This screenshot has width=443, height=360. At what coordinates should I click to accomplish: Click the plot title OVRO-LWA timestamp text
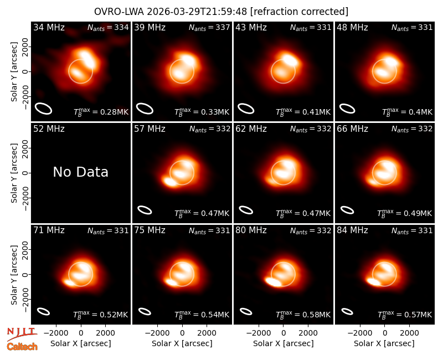tap(221, 12)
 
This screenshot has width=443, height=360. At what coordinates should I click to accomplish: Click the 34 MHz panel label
tap(49, 27)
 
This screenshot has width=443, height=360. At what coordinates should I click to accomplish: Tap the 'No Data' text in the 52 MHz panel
tap(80, 172)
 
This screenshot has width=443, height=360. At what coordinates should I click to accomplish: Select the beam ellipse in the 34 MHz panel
tap(43, 109)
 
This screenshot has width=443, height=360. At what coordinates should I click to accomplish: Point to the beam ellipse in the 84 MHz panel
tap(347, 311)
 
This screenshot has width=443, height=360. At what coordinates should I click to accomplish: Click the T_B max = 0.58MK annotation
tap(303, 314)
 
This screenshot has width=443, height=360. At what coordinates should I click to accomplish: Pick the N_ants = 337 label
tap(209, 28)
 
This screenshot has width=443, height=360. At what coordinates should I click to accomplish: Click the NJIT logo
tap(22, 334)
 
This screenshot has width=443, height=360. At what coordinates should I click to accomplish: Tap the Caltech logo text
tap(22, 347)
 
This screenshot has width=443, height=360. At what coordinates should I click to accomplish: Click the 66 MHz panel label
tap(352, 129)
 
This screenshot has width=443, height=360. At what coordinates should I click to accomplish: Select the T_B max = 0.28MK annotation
tap(101, 112)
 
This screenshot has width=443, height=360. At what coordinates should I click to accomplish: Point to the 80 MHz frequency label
tap(251, 230)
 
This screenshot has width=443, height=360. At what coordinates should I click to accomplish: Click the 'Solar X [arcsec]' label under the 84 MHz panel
tap(384, 343)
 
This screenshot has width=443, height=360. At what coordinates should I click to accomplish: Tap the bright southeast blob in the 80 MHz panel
tap(274, 282)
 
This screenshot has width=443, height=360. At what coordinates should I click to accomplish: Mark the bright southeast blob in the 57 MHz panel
tap(171, 182)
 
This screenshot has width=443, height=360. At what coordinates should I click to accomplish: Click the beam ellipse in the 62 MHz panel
tap(246, 210)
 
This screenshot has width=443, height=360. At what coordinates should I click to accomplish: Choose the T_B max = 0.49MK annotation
tap(404, 213)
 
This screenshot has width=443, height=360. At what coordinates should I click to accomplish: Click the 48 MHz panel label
tap(352, 27)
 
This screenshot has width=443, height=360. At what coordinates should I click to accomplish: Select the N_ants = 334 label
tap(108, 28)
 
